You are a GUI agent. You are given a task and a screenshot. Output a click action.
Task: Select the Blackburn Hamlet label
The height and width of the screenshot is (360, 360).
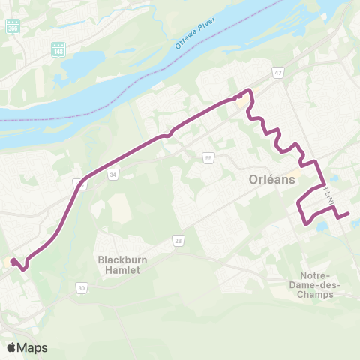tap(120, 265)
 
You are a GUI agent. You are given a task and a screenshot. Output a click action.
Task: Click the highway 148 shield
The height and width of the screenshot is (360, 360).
tap(58, 49)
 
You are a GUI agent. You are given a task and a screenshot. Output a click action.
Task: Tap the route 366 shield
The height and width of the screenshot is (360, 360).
tap(11, 25)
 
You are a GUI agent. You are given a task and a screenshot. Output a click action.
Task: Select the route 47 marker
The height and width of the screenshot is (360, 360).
tap(278, 73)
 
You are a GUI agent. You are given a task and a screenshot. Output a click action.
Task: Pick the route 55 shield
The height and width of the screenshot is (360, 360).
tap(208, 158)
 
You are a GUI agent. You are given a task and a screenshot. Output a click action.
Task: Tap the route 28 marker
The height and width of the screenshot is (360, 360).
tap(178, 240)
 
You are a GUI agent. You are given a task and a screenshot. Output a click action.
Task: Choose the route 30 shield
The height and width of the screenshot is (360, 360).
tap(80, 287)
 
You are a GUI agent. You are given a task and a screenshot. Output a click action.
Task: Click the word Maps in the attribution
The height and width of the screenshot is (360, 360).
tap(33, 347)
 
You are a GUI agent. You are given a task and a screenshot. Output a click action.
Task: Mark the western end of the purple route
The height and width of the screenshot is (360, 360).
tap(12, 260)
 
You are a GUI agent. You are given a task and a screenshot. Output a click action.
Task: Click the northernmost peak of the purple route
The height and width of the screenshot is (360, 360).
tap(246, 91)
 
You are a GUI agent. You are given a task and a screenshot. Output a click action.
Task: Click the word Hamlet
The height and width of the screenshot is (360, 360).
tap(120, 270)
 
